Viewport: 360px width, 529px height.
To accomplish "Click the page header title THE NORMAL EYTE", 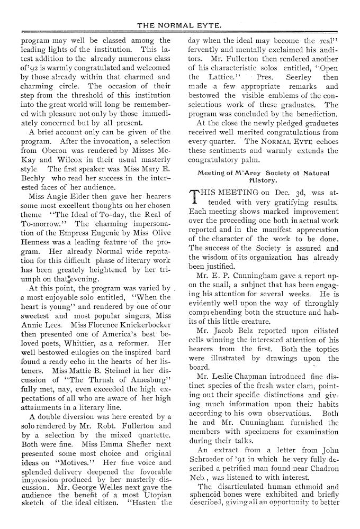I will click(x=179, y=25).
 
